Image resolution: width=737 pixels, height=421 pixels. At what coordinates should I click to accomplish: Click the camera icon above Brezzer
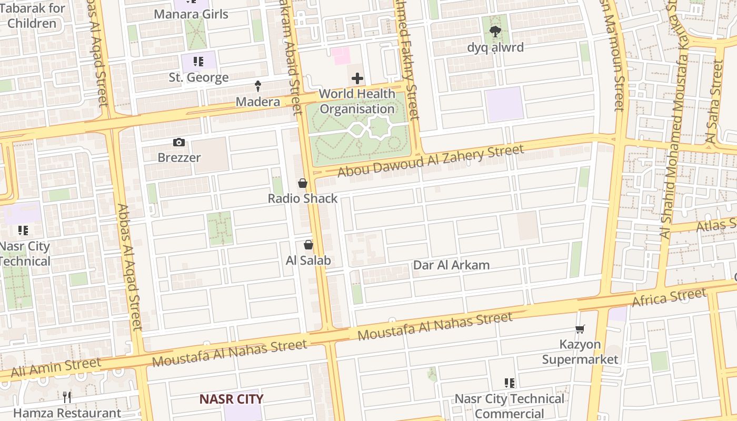(179, 142)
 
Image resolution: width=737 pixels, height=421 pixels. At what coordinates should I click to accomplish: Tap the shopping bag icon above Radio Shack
(303, 183)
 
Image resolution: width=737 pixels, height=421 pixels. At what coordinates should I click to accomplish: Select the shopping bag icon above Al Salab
(308, 245)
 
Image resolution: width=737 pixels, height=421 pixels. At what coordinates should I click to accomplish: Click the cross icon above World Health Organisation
(357, 79)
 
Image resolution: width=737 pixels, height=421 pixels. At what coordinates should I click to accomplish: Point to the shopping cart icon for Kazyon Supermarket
(580, 329)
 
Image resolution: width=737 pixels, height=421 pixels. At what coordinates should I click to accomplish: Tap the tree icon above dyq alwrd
(495, 32)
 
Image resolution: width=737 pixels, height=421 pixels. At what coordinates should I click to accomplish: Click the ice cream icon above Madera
(258, 86)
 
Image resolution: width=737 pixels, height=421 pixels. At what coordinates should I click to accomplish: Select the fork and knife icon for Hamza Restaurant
(67, 397)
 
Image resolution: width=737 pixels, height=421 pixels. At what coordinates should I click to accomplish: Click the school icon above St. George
(198, 62)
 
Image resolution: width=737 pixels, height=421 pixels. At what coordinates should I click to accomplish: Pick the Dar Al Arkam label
(451, 265)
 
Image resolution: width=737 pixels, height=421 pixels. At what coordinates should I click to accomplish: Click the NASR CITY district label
(231, 399)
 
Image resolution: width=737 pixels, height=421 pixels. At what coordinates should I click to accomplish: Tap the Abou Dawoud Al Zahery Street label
(431, 161)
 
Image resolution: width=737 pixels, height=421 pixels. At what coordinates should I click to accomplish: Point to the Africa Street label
(669, 298)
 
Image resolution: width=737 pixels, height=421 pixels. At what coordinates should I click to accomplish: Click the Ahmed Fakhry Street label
(406, 58)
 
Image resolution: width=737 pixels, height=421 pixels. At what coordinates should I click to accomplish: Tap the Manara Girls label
(191, 14)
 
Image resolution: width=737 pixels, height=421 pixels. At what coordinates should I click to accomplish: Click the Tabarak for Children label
(35, 16)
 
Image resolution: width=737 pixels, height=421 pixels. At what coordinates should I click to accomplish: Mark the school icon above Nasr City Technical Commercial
(509, 383)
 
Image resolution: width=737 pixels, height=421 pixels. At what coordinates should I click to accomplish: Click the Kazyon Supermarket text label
(580, 352)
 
